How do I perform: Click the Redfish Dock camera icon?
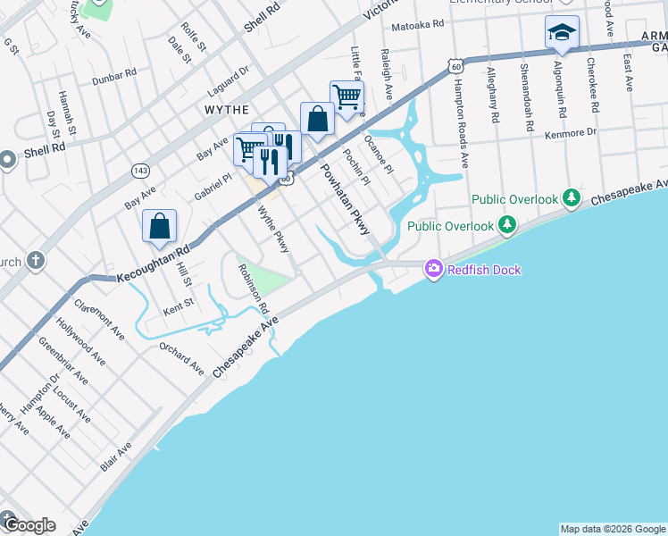[x=434, y=268]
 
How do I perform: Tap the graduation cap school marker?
[x=562, y=33]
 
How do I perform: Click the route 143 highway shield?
[x=140, y=170]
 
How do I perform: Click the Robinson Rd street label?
[x=253, y=288]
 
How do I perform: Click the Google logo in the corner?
[x=29, y=524]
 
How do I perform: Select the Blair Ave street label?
[x=116, y=456]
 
